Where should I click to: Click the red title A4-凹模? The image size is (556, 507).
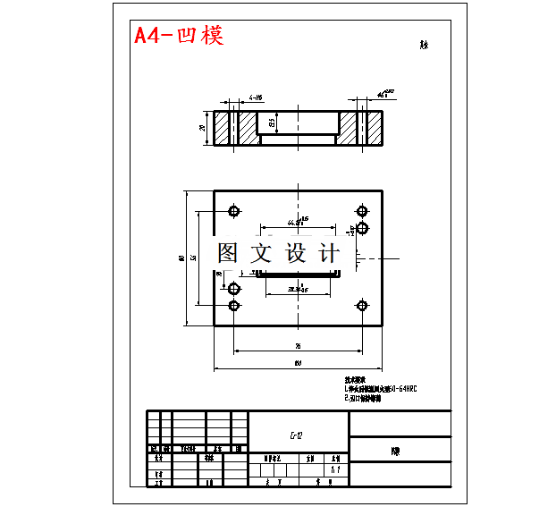pos(179,36)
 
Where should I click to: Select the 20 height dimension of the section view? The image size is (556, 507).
pos(203,128)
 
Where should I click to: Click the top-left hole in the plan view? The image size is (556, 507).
pos(234,212)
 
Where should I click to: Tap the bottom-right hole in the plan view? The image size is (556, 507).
pos(362,306)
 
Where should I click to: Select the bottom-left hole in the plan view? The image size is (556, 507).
pos(234,306)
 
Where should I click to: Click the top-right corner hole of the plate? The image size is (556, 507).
pos(362,212)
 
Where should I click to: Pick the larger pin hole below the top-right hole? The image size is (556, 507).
pos(363,229)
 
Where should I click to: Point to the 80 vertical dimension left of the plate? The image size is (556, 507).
pos(182,258)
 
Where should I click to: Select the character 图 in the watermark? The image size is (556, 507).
pos(229,253)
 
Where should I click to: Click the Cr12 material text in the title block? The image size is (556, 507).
pos(297,435)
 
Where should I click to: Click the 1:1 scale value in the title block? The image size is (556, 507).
pos(334,469)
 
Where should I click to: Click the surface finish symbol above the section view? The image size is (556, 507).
pos(384,94)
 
